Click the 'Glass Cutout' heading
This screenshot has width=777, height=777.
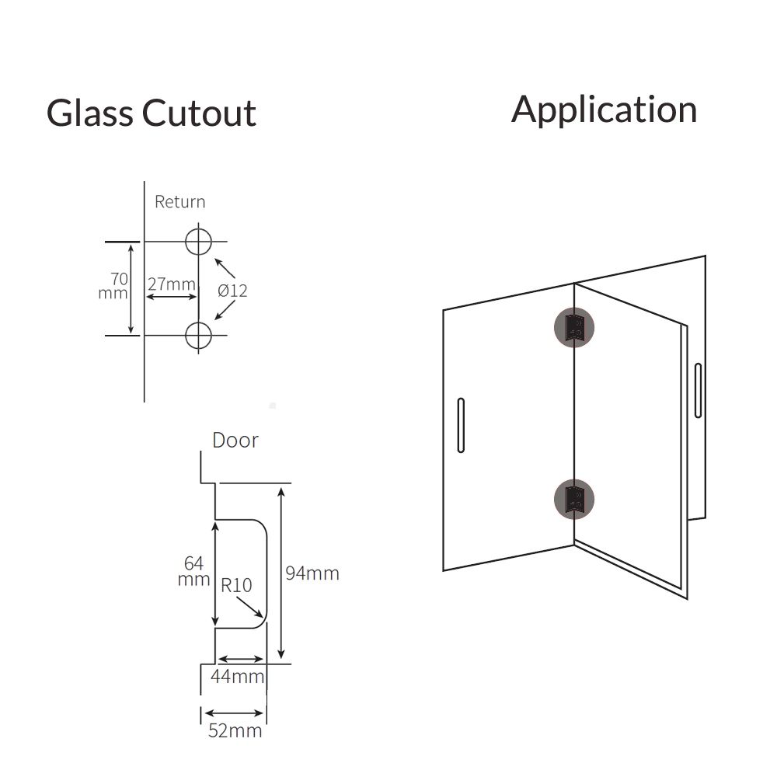(x=151, y=113)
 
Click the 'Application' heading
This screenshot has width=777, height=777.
(x=604, y=109)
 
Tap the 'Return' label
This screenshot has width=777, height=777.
(x=179, y=202)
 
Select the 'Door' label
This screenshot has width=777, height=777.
(x=235, y=441)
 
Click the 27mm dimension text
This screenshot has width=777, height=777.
(x=172, y=284)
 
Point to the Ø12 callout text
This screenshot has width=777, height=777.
(x=232, y=291)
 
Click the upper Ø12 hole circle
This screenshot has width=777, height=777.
(x=198, y=242)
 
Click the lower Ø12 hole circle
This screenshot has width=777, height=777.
(x=198, y=335)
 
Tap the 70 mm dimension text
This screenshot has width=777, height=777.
(x=114, y=286)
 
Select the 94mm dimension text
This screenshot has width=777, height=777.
(x=312, y=573)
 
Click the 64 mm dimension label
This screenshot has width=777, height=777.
(x=194, y=571)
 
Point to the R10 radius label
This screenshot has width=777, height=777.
(x=235, y=584)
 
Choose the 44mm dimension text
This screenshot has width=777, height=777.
(x=238, y=677)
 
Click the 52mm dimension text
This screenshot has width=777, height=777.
(x=235, y=731)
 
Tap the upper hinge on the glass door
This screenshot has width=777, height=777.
(x=573, y=327)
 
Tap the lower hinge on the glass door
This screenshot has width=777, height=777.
(x=573, y=499)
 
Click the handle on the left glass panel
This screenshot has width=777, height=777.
(x=461, y=425)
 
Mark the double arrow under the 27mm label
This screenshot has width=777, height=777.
(x=172, y=298)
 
